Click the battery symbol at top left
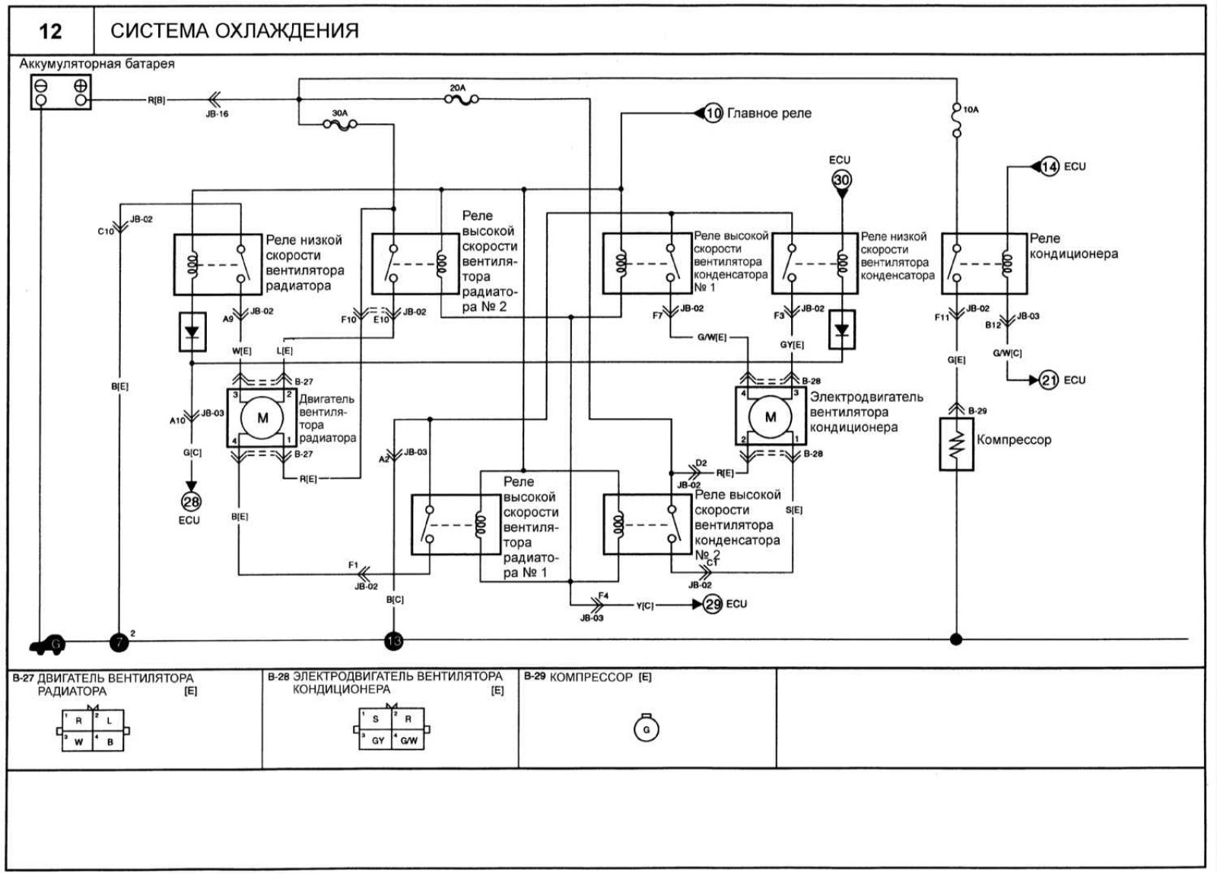tap(61, 92)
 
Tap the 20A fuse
tap(459, 100)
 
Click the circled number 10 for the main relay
tap(713, 113)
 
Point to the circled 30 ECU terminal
tap(841, 181)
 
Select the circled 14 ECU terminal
tap(1049, 167)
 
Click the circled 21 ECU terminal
tap(1049, 379)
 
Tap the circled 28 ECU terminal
tap(190, 501)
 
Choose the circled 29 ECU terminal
tap(712, 604)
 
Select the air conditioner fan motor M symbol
tap(770, 417)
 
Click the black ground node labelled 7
tap(119, 642)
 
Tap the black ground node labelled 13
tap(393, 641)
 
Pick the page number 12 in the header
tap(50, 31)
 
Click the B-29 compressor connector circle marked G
tap(646, 730)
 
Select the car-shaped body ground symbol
tap(48, 646)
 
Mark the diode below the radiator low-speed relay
tap(192, 332)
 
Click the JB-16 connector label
tap(217, 114)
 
